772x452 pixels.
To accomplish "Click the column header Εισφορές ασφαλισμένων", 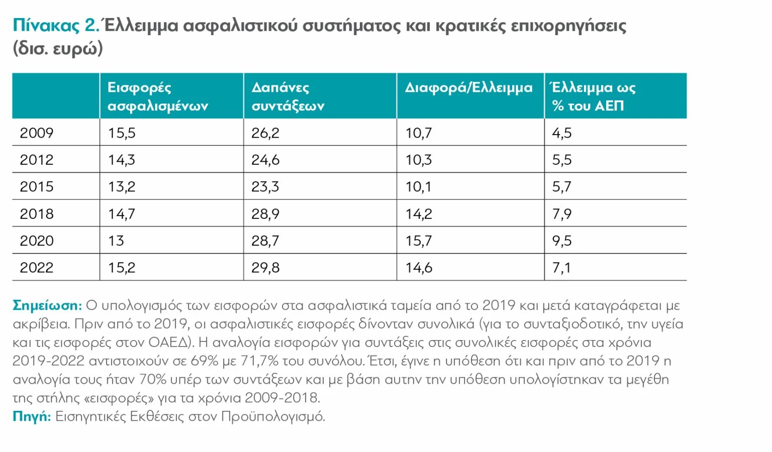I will point(158,96).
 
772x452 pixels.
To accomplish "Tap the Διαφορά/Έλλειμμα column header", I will point(468,88).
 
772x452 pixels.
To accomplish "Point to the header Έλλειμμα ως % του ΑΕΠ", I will point(593,96).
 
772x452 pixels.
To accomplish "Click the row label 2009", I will point(37,133).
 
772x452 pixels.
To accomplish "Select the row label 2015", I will point(37,187).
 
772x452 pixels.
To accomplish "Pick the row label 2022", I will point(37,268).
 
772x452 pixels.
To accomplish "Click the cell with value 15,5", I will point(122,133).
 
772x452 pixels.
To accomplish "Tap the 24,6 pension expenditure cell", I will point(265,160).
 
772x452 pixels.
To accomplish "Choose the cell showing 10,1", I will point(418,187).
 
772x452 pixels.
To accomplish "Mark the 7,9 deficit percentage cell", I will point(562,214).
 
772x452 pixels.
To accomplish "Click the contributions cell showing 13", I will point(116,241).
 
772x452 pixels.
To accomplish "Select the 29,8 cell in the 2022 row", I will point(265,268).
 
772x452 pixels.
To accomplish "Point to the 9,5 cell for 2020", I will point(562,241).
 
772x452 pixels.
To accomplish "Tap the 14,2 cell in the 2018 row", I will point(419,214).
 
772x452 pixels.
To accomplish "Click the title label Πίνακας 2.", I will point(56,25).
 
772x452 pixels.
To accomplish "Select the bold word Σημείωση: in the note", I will point(47,305).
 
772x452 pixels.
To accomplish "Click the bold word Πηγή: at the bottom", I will point(32,416).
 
